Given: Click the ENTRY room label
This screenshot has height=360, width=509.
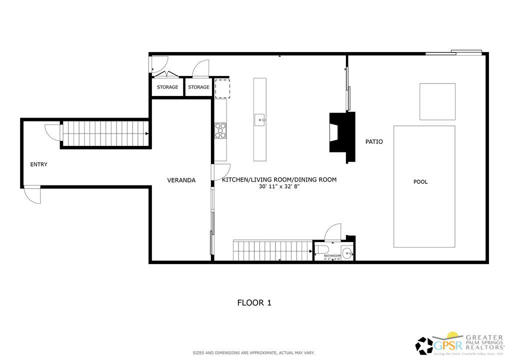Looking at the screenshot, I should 38,164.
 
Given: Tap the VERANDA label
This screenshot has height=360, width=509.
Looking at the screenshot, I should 181,180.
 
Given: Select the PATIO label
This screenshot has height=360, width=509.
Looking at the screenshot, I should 374,142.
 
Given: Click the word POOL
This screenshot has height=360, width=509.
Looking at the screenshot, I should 420,182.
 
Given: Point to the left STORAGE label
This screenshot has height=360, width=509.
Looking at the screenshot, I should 167,87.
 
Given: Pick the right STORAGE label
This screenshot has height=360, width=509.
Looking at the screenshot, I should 198,87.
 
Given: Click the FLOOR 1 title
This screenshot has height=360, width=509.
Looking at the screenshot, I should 254,302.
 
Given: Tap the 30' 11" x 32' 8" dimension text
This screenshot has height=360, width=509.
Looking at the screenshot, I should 279,186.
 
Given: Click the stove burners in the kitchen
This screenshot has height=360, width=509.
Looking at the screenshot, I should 220,130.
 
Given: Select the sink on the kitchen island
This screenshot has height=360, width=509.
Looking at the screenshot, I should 259,120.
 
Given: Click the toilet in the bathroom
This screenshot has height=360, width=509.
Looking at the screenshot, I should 321,249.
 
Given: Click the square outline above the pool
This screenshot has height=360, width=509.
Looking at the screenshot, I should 437,101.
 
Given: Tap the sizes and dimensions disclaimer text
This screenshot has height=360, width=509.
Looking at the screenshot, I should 254,353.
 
